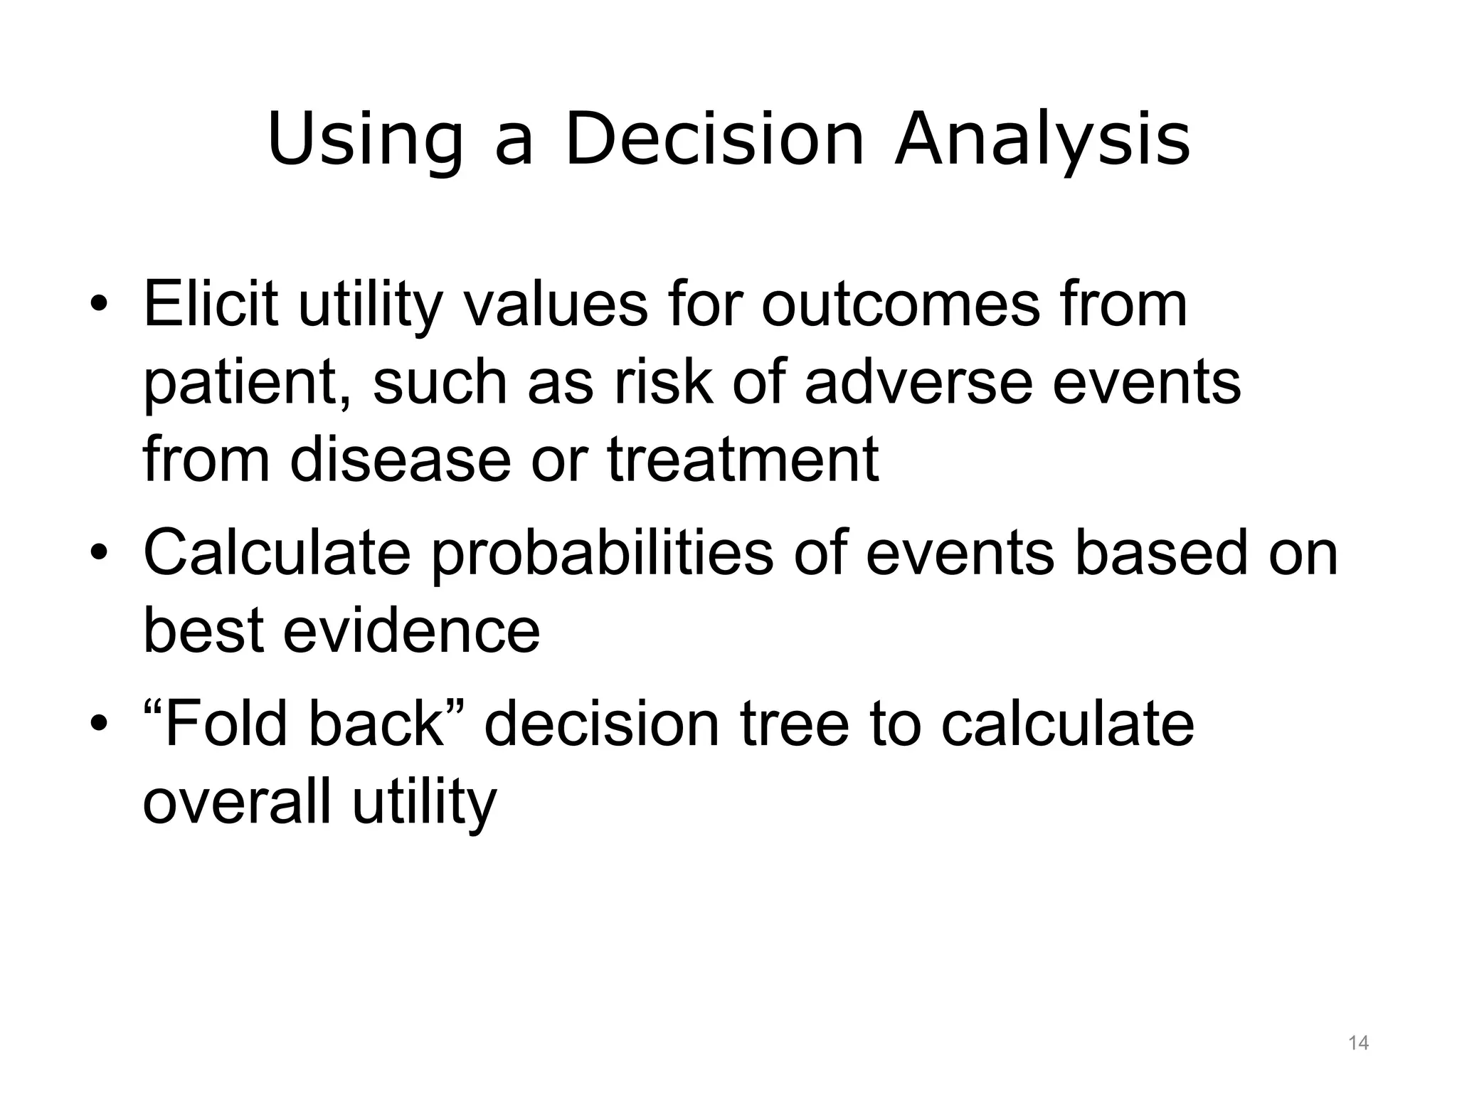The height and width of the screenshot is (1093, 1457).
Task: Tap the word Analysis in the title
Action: (1042, 139)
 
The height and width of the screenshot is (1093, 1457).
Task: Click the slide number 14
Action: (1358, 1043)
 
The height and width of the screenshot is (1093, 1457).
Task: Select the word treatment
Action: (743, 459)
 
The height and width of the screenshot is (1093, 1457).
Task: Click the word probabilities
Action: (602, 554)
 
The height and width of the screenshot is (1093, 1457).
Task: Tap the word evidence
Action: (412, 630)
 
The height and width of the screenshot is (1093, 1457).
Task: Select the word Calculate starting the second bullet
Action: (277, 554)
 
